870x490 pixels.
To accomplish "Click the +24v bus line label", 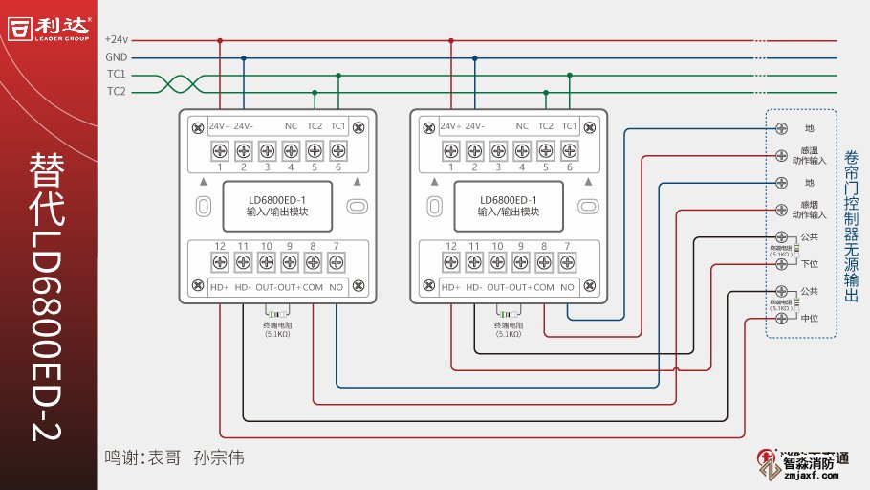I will pos(116,40).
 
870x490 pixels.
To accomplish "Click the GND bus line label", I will pos(116,57).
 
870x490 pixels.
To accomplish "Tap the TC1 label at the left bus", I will pos(116,75).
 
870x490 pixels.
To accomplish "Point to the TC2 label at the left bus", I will pos(116,92).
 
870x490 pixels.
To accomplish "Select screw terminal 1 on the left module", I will pos(220,150).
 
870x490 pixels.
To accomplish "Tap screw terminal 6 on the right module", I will pos(569,150).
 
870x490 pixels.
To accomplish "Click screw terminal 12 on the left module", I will pos(220,260).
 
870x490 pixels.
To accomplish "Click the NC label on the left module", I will pos(291,126).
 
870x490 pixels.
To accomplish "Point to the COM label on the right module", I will pos(544,287).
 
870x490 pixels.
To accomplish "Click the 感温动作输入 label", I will pos(809,155).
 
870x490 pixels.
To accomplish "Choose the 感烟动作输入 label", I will pos(809,209).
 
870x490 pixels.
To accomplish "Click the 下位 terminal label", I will pos(809,264).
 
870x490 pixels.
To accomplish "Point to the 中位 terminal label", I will pos(809,318).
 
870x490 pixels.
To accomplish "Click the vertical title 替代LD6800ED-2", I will pos(48,297).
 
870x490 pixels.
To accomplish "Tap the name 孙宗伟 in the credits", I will pos(219,457).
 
